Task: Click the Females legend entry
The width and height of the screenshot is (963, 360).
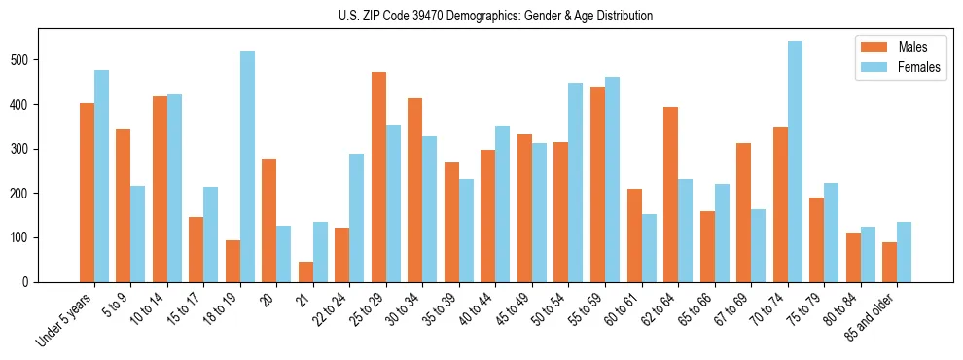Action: pos(899,69)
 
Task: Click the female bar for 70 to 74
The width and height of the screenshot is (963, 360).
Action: pos(795,162)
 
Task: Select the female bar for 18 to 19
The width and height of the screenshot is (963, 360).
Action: pos(248,166)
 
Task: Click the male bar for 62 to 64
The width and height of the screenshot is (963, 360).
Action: pos(670,195)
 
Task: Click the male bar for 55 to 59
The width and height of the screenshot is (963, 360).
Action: pos(597,184)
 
